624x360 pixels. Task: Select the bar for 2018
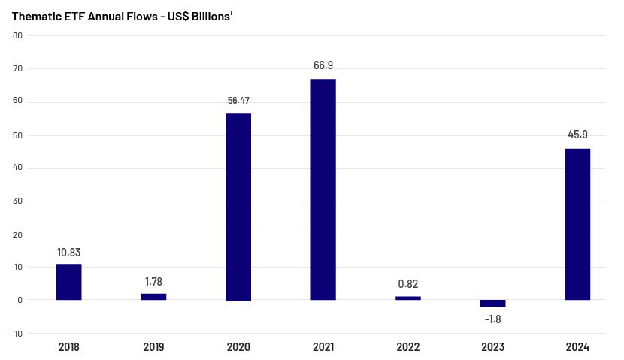coord(68,282)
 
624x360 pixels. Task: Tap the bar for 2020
coord(238,207)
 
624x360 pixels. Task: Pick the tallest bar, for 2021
coord(323,189)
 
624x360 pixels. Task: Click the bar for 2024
coord(577,224)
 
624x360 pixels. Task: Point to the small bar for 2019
coord(153,297)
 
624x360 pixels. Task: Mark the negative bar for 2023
coord(493,303)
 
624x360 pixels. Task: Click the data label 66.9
coord(323,65)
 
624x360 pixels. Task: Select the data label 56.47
coord(238,100)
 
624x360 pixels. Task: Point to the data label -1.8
coord(493,319)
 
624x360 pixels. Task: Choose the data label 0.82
coord(408,284)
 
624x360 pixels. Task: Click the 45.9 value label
coord(577,135)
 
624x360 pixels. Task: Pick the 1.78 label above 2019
coord(153,281)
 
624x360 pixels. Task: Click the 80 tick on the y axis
coord(17,35)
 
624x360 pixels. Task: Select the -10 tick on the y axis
coord(17,334)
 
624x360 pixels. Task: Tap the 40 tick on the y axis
coord(17,168)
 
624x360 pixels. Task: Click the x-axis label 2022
coord(408,347)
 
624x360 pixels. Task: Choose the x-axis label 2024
coord(577,347)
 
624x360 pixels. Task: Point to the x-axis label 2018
coord(68,347)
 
